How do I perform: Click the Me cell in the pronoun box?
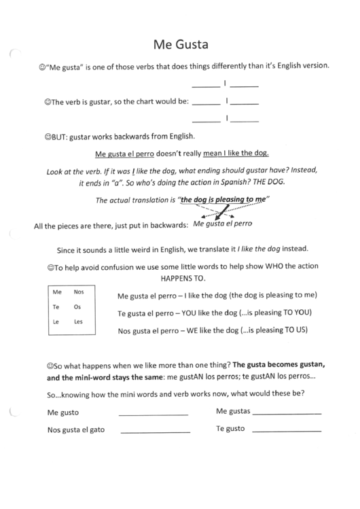[58, 291]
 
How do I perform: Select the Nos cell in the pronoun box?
[78, 291]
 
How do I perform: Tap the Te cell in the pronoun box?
[57, 306]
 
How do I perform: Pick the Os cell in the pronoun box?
[77, 306]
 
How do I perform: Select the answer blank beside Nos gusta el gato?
[155, 432]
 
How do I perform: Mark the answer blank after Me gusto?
[153, 414]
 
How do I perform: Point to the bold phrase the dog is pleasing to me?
[222, 200]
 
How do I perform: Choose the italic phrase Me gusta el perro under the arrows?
[223, 223]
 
